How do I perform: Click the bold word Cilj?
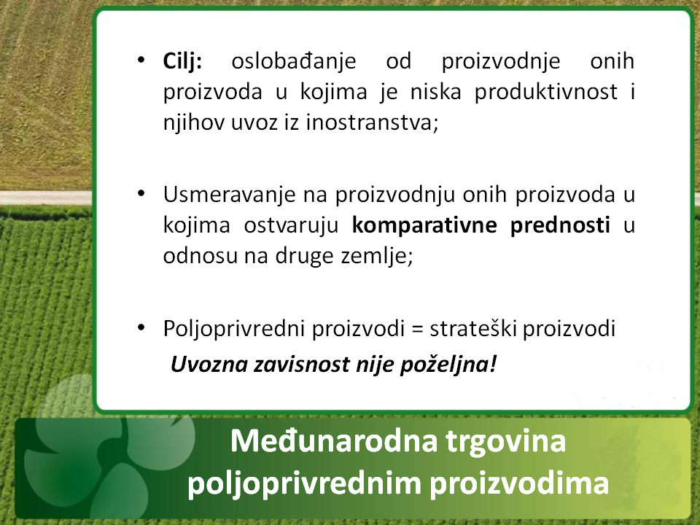coord(182,61)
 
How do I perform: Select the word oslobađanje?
coord(293,61)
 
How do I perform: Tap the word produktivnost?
coord(546,93)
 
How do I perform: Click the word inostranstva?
coord(373,122)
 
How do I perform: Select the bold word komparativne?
coord(424,225)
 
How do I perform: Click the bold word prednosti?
coord(560,225)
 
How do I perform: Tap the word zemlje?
coord(377,256)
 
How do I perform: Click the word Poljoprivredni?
coord(234,330)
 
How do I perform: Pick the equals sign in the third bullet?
coord(416,330)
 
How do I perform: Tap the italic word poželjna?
coord(448,365)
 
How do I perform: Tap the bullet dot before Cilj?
coord(141,60)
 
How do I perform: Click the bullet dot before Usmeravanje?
coord(141,194)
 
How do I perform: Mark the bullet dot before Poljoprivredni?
coord(141,327)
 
